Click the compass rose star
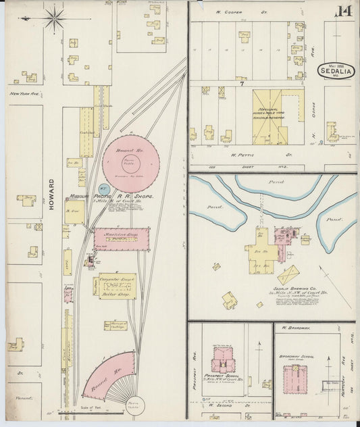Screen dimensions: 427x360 click(54, 18)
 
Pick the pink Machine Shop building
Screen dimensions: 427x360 click(122, 238)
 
